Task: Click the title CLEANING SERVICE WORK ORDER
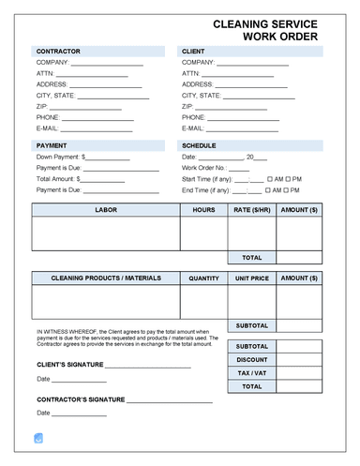(x=265, y=30)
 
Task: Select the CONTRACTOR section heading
(x=57, y=50)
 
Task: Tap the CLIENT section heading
(x=195, y=50)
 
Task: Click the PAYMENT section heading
(x=51, y=146)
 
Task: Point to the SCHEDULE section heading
(x=199, y=146)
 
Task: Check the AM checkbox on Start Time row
(x=268, y=178)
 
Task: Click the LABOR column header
(x=106, y=211)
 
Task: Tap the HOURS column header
(x=203, y=211)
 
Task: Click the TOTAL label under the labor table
(x=251, y=257)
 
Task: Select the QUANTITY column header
(x=203, y=278)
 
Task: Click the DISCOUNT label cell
(x=251, y=360)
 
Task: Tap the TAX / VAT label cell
(x=251, y=373)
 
